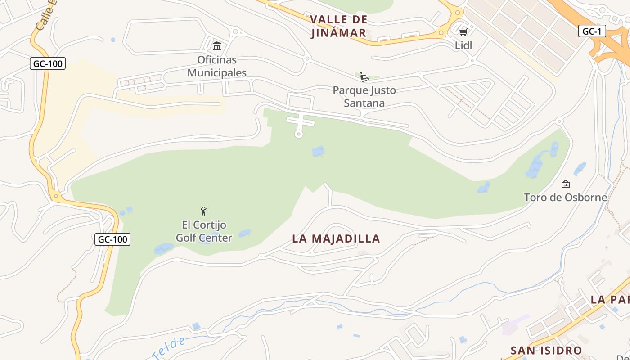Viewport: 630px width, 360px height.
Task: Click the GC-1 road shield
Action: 592,31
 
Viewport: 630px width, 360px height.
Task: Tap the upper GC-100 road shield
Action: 48,63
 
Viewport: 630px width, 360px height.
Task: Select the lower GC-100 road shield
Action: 112,239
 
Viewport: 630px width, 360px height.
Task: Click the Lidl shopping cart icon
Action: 463,32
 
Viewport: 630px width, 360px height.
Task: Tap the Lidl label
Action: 463,45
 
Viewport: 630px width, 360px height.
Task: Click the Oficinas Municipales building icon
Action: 217,46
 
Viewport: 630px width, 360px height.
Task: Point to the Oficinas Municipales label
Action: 217,66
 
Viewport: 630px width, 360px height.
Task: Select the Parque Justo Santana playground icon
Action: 364,76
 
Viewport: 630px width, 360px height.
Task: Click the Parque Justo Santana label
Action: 364,97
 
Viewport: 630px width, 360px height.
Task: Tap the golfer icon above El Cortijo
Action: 203,211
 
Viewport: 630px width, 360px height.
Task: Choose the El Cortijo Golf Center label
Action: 204,231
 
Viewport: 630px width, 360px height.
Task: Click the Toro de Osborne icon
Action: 566,184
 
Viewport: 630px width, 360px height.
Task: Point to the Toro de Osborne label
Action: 565,198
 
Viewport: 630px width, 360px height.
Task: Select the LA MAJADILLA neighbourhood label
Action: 336,239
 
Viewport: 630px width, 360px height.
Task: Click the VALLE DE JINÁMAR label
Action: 339,26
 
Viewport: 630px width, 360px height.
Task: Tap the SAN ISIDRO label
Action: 546,350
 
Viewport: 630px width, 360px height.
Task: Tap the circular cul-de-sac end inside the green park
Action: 298,134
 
